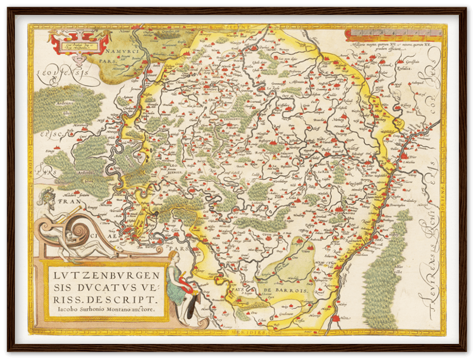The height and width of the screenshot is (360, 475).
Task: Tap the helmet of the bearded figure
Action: [46, 194]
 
